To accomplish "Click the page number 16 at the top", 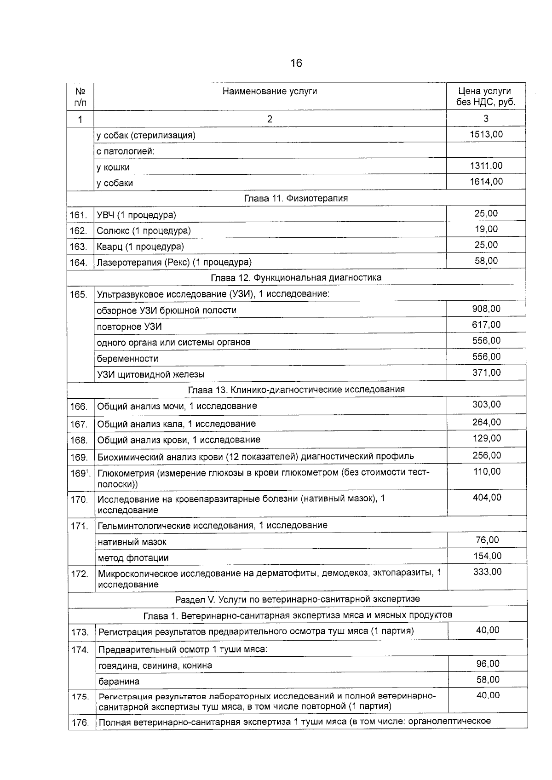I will [x=296, y=63].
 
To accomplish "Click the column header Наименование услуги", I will [x=270, y=91].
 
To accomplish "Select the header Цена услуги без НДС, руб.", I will [x=486, y=97].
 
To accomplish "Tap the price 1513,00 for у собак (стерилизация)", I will [x=486, y=134].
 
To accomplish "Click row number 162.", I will [x=78, y=231].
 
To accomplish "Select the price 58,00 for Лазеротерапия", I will [x=486, y=261].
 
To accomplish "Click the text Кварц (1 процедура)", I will [x=140, y=247].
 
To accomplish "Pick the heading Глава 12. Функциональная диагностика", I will [x=296, y=278].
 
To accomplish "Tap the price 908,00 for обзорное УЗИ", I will [x=486, y=309].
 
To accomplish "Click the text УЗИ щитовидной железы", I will [x=150, y=374].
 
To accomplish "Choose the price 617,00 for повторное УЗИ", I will [x=486, y=325].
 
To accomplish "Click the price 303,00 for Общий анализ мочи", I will [x=487, y=404].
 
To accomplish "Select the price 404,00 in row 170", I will [x=487, y=497].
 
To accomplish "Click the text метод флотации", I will [x=133, y=558].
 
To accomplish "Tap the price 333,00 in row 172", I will [x=487, y=572].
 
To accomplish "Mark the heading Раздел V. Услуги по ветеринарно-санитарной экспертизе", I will [x=298, y=599].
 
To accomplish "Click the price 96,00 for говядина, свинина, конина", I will [x=488, y=664].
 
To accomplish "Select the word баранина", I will [x=119, y=681].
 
